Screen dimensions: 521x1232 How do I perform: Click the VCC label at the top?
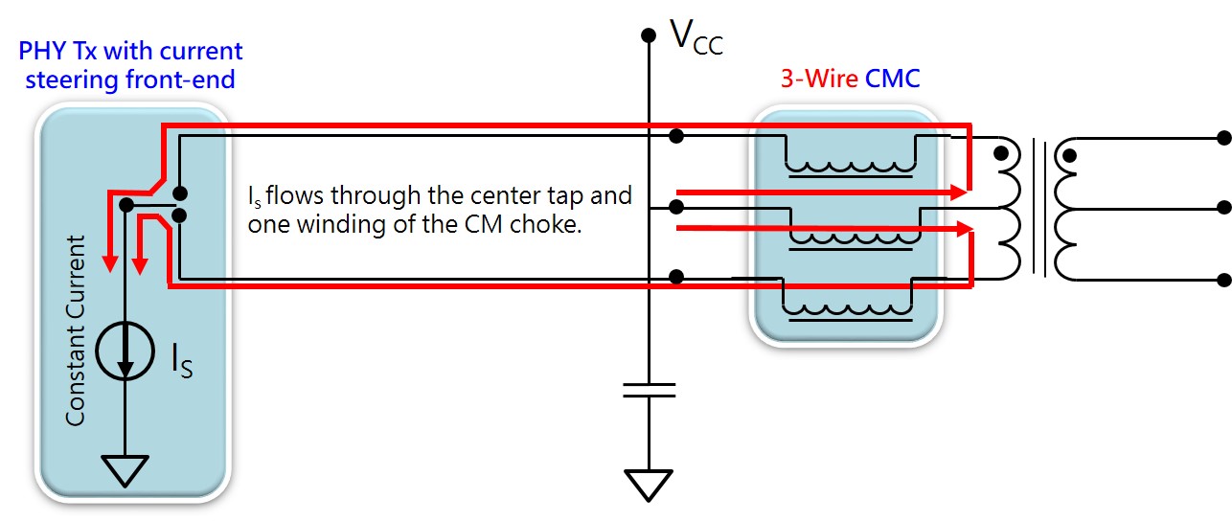(696, 38)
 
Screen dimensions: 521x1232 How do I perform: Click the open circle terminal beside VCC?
(649, 35)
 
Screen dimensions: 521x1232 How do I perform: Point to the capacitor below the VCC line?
(649, 390)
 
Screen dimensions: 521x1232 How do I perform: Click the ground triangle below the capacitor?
(649, 485)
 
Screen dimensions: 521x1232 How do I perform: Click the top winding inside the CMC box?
(850, 165)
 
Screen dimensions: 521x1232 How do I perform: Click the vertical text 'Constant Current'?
(76, 330)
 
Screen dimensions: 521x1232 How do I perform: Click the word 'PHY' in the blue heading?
(40, 51)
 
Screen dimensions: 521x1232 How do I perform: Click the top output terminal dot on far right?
(1221, 137)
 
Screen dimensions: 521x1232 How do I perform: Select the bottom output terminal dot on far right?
(1221, 280)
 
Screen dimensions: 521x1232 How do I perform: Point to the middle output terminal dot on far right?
(1221, 208)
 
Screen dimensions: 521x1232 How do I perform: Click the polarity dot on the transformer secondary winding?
(1069, 154)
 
